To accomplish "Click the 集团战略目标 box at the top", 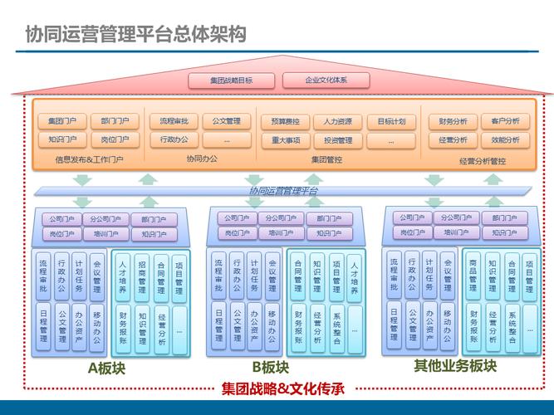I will tap(231, 81).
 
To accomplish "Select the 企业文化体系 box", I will tap(326, 81).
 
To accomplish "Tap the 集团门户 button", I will tap(62, 121).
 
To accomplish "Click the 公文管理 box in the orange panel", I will tap(226, 121).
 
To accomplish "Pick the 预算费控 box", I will tap(285, 121).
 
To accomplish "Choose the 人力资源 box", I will tap(338, 121).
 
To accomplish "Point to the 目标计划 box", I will tap(391, 121).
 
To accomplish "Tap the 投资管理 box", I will tap(338, 140).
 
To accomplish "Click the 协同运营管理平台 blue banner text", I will tap(283, 191).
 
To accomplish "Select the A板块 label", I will tap(105, 368).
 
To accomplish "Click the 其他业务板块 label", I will tap(455, 366).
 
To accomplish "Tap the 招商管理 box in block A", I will tap(142, 276).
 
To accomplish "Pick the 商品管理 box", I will tap(473, 276).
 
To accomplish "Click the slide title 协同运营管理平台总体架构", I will tap(135, 33).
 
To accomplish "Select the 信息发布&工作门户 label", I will tap(90, 159).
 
